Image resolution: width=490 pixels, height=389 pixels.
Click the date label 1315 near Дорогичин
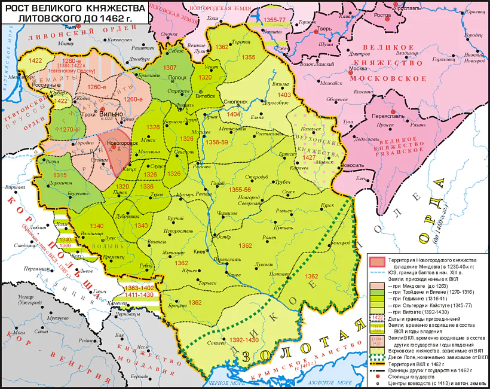60,174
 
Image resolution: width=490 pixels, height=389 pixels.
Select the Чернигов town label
227,212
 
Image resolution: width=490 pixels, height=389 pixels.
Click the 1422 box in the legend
378,317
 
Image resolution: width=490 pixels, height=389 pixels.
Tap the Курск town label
327,204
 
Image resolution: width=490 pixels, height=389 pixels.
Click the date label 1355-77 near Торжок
274,20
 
